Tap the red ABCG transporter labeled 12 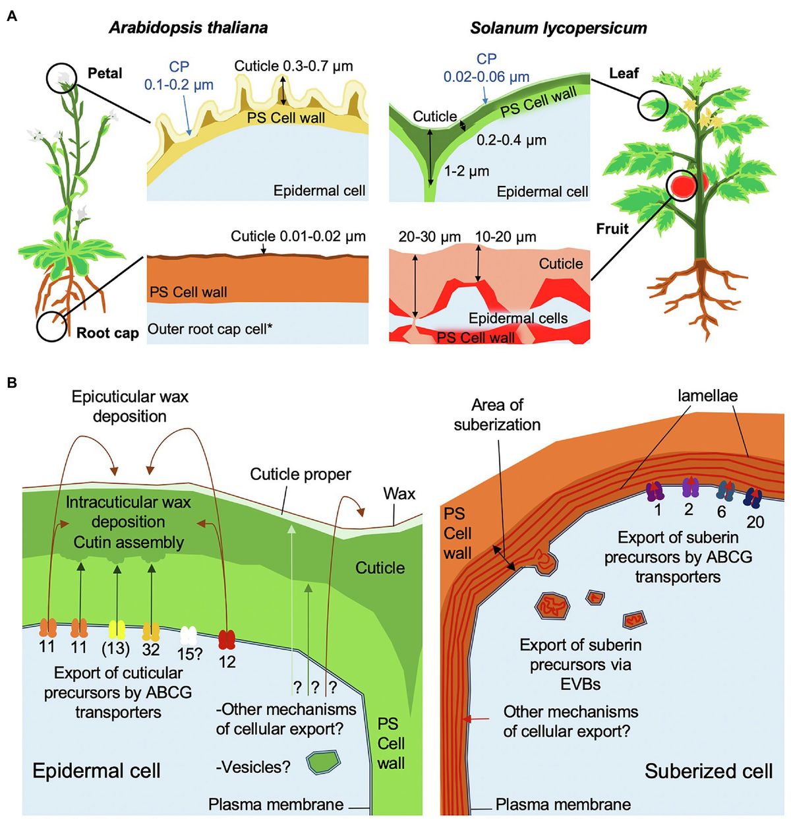point(227,639)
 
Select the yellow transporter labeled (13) point(117,630)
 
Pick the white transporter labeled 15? point(189,636)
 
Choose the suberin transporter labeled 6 point(725,491)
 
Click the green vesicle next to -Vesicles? point(324,763)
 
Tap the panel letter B point(11,382)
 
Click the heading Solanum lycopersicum point(558,28)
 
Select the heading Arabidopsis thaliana point(189,28)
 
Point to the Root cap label point(107,333)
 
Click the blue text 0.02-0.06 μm point(486,77)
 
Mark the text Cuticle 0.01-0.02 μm point(298,236)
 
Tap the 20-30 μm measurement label point(429,237)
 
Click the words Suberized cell point(708,771)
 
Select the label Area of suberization point(497,414)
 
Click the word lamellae point(707,396)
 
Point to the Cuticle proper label point(301,474)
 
